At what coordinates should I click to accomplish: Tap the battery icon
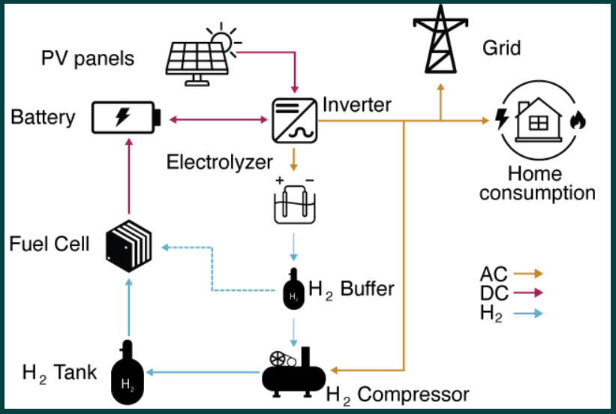(125, 118)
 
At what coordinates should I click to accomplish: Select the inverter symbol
(293, 118)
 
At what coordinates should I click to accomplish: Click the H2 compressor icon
(293, 370)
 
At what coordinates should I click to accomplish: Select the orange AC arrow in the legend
(527, 274)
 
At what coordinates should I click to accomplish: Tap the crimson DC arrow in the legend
(527, 294)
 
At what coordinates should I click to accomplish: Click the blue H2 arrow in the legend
(527, 314)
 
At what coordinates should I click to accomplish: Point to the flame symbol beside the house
(577, 120)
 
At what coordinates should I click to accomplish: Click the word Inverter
(356, 103)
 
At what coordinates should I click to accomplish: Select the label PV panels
(88, 58)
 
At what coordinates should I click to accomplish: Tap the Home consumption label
(536, 184)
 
